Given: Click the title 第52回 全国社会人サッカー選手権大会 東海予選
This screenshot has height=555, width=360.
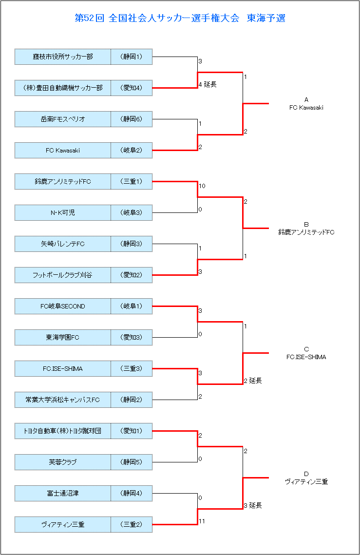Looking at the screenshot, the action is (x=180, y=18).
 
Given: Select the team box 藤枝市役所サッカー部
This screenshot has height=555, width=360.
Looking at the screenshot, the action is (x=63, y=57).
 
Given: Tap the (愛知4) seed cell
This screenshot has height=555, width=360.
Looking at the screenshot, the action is (x=132, y=88).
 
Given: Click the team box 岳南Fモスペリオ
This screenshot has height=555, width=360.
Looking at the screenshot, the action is (x=63, y=119).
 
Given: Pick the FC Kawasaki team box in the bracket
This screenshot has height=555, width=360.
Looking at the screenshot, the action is (x=63, y=151).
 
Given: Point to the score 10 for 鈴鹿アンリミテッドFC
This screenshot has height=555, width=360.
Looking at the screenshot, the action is (x=202, y=186).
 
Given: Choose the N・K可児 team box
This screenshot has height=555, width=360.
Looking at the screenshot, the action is (x=63, y=213).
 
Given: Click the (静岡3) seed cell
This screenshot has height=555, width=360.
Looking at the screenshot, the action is (x=132, y=244).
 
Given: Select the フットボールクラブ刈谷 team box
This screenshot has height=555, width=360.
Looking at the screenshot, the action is (x=63, y=275).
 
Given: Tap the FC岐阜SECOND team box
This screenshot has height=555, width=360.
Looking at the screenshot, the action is (x=63, y=306).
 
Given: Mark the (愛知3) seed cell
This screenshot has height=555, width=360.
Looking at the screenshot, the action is (x=132, y=337).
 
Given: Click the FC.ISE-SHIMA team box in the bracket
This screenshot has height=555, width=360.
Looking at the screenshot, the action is (x=63, y=368).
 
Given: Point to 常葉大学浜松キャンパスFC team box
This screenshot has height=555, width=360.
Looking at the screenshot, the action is (x=63, y=400).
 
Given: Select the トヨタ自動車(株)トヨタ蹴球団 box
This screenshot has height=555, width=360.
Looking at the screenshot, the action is (x=63, y=431).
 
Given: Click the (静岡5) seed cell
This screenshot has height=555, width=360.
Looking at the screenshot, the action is (x=132, y=462).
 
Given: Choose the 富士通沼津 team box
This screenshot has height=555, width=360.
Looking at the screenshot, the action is (x=63, y=493).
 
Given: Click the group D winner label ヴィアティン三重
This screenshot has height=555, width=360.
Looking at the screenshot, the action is (x=306, y=482).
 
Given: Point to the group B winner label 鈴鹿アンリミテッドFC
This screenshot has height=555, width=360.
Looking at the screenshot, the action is (x=306, y=232).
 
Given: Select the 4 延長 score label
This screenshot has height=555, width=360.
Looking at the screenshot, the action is (x=208, y=84).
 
